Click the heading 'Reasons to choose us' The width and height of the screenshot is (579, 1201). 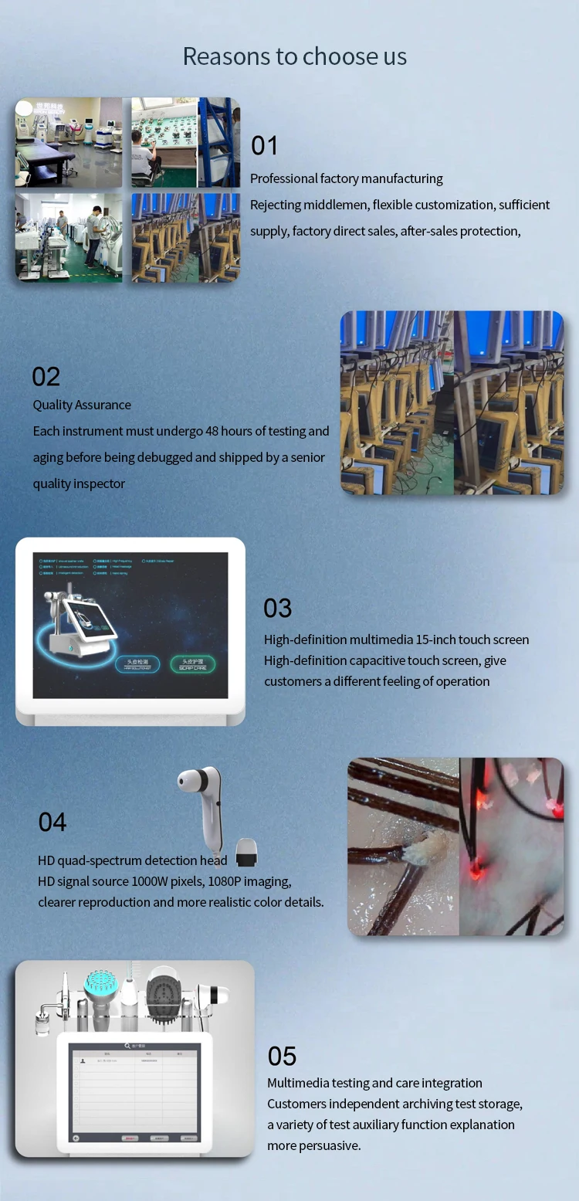294,56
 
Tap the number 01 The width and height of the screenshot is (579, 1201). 265,146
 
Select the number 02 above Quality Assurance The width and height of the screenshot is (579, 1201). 46,377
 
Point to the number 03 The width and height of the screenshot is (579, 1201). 278,609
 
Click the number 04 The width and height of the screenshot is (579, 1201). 52,823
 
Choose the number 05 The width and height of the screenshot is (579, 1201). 283,1057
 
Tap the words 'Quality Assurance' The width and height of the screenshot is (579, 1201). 82,405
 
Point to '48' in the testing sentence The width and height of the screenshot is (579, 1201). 212,432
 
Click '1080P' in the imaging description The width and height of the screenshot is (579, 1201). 227,882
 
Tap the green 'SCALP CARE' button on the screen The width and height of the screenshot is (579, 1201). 193,664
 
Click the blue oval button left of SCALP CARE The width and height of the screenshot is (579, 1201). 137,664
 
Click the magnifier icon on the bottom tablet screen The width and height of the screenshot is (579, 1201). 127,1047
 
